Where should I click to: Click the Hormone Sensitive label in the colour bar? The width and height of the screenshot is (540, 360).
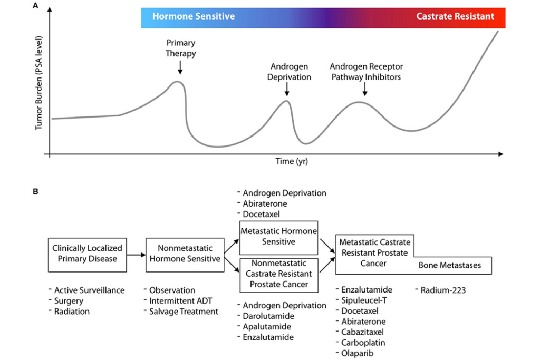point(194,16)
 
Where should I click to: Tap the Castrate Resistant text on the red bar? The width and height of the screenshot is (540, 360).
point(455,16)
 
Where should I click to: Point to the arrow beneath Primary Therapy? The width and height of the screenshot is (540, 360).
point(180,67)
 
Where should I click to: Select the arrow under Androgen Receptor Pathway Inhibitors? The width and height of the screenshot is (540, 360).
point(364,89)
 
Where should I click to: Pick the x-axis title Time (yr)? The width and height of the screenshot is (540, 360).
point(292,161)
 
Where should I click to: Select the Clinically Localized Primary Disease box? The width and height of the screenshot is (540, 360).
point(87,254)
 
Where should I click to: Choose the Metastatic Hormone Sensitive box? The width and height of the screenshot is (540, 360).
point(278,237)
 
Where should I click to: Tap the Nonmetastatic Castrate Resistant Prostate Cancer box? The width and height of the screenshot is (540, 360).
point(278,274)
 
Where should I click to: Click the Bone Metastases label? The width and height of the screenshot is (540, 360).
point(450,265)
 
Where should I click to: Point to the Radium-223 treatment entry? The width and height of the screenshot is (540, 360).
point(440,290)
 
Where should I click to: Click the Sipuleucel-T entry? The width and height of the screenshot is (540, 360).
point(364,300)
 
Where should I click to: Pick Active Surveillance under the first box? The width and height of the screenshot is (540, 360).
point(89,290)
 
